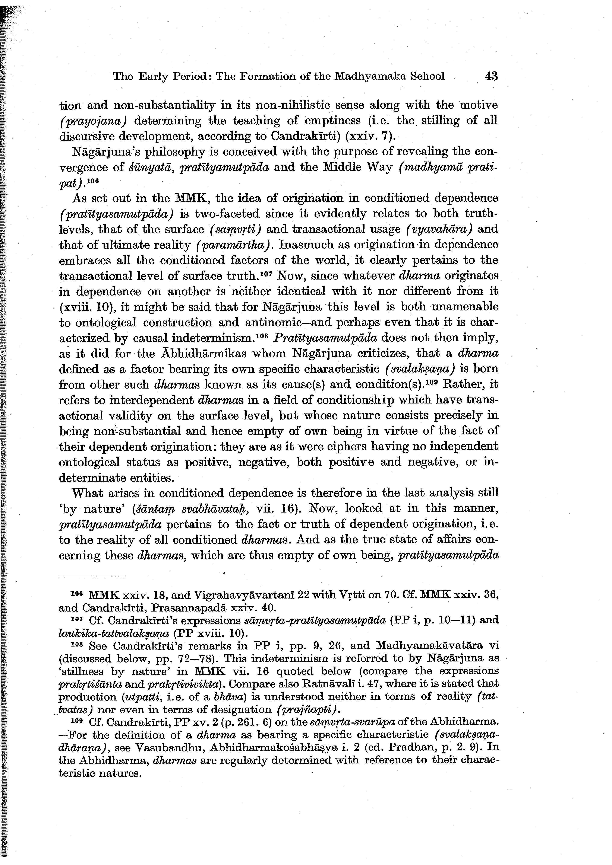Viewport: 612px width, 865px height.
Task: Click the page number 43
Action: point(491,76)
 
